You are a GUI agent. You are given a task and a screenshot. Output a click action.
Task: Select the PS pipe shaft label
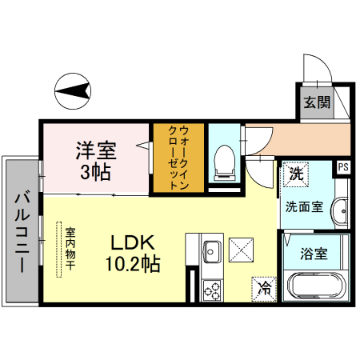[x=343, y=167]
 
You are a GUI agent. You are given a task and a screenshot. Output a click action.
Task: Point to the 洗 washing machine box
[x=296, y=172]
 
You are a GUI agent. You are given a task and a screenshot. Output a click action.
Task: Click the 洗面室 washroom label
[x=305, y=206]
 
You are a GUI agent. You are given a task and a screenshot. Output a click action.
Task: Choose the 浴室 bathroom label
[x=313, y=254]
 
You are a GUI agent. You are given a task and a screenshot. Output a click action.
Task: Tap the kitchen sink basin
[x=213, y=249]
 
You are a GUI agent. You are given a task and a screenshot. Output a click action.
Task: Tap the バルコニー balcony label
[x=22, y=232]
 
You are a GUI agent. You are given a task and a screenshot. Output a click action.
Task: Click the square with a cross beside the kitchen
[x=242, y=250]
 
